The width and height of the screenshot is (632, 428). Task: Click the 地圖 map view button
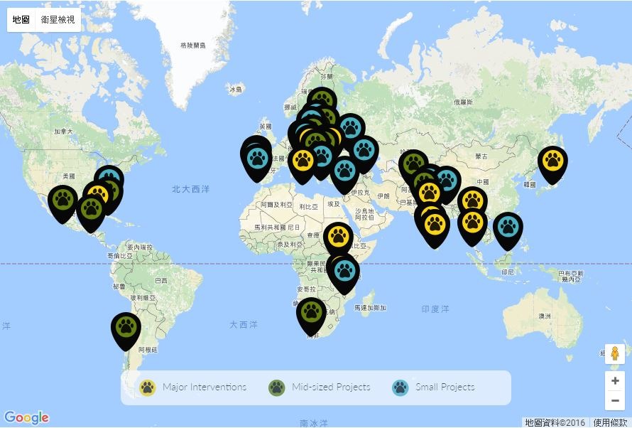click(21, 19)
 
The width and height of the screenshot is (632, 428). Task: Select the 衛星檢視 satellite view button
click(57, 19)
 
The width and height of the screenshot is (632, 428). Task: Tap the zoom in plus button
click(615, 380)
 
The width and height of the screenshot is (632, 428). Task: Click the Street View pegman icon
click(615, 353)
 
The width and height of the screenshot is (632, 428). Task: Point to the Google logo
click(26, 417)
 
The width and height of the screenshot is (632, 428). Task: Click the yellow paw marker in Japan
click(552, 160)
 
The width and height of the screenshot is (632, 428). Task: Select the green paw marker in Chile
click(126, 327)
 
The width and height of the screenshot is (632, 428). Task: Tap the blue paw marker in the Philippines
click(508, 227)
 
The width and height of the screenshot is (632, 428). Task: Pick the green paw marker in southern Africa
click(311, 311)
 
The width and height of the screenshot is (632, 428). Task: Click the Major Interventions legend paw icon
click(148, 387)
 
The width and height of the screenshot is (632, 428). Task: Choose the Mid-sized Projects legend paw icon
click(277, 387)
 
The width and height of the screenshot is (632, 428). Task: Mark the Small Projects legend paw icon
click(401, 387)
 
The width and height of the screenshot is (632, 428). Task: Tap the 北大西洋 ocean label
click(190, 190)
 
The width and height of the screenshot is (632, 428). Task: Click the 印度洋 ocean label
click(435, 309)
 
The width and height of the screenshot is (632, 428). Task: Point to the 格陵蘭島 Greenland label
click(192, 46)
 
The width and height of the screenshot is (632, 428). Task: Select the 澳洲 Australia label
click(545, 316)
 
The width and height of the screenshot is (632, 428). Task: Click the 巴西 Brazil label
click(161, 280)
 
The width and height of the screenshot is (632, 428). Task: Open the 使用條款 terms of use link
click(610, 422)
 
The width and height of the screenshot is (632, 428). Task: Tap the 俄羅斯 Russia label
click(463, 102)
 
